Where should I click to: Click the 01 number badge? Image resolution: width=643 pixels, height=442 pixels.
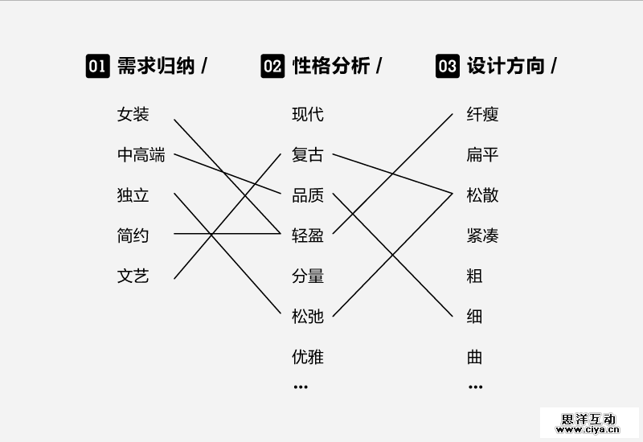pos(97,66)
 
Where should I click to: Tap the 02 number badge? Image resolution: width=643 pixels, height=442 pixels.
pos(272,66)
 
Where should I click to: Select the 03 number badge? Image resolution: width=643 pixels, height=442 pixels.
pos(448,66)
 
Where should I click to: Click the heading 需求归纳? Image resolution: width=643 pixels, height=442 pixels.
pos(156,66)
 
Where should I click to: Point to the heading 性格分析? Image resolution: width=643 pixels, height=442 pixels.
pos(331,66)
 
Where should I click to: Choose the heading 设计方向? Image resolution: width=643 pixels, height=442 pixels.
pos(506,66)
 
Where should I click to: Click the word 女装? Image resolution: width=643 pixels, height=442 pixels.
pos(133,115)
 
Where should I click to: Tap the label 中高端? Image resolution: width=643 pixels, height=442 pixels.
pos(141,155)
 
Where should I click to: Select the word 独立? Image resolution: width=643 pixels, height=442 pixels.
pos(133,195)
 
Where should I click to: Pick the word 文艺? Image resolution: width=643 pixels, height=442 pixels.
pos(133,276)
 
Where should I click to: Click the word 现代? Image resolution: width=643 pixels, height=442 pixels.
pos(308,115)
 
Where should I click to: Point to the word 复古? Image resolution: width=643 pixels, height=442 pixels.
pos(308,155)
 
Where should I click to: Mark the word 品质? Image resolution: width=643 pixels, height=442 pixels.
pos(308,195)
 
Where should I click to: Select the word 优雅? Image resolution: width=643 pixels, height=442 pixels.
pos(308,357)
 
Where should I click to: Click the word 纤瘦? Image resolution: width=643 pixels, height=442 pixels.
pos(483,115)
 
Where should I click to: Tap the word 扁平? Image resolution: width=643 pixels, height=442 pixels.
pos(483,155)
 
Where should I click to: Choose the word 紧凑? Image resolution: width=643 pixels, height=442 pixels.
pos(483,236)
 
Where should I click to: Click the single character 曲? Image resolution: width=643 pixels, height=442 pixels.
pos(475,357)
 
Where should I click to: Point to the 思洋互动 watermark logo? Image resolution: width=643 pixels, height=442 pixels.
pos(588,419)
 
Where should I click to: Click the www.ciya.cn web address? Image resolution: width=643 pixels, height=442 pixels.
pos(588,430)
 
